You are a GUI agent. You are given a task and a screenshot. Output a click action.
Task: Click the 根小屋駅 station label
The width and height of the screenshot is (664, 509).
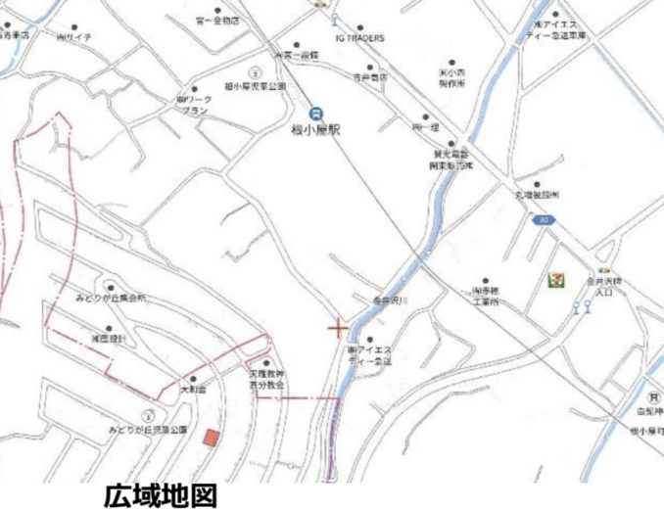click(315, 129)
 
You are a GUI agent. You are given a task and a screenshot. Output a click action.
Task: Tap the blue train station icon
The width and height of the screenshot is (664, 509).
click(314, 113)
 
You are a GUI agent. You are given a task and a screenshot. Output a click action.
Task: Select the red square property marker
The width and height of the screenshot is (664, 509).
click(211, 438)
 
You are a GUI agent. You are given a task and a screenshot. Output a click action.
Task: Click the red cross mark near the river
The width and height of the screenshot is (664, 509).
click(337, 326)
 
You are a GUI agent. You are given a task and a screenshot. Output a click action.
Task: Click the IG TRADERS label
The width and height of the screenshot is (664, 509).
click(359, 38)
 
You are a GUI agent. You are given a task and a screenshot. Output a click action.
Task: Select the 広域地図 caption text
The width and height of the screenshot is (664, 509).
click(159, 494)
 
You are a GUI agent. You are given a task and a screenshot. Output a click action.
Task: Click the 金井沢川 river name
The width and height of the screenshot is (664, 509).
click(380, 302)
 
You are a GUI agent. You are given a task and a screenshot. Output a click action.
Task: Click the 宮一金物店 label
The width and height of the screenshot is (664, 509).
click(216, 19)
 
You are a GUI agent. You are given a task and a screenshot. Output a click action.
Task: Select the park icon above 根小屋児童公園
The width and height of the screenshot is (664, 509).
click(255, 72)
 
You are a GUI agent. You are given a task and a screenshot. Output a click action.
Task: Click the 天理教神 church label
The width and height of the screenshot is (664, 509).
click(264, 375)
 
